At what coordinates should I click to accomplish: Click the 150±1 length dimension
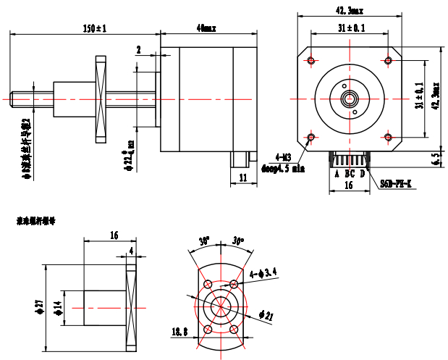pos(95,28)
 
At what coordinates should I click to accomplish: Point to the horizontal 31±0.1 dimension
pos(351,28)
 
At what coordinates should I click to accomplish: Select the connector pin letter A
pos(337,174)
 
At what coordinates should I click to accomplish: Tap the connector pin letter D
pos(363,174)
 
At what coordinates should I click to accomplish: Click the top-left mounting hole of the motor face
pos(311,59)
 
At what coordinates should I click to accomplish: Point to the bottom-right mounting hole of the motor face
pos(389,137)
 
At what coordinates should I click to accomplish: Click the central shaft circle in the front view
pos(350,98)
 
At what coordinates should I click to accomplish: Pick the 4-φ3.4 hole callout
pos(263,273)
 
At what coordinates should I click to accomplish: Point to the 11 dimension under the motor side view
pos(242,177)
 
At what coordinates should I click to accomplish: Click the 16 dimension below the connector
pos(349,185)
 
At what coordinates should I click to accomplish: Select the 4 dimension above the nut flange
pos(131,251)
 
